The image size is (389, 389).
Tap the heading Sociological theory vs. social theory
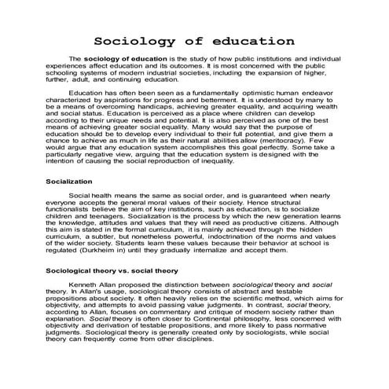(x=123, y=270)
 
